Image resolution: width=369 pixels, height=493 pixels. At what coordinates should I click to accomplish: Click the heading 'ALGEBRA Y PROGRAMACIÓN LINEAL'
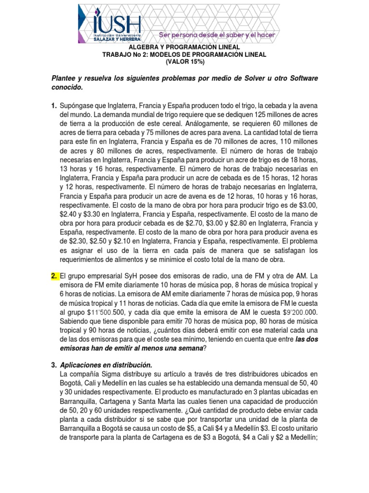184,48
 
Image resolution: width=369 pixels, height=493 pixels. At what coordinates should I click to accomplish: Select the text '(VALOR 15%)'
184,62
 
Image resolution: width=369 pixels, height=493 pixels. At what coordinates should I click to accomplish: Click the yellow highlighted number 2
54,276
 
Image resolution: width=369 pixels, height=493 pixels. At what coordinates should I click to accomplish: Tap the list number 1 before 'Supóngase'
54,105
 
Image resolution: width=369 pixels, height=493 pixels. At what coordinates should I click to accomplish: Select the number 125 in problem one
244,115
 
